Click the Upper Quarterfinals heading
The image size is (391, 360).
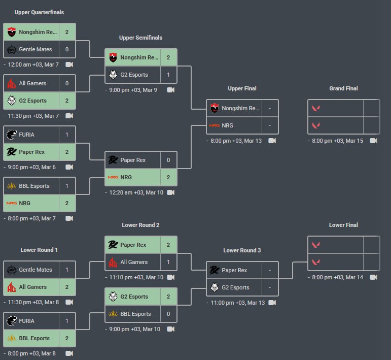(x=39, y=12)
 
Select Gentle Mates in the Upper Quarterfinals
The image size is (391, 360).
(x=35, y=49)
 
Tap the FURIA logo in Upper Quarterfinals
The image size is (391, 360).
(x=12, y=135)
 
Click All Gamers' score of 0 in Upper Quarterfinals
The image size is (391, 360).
(x=67, y=83)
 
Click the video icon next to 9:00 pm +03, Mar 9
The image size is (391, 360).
(x=170, y=90)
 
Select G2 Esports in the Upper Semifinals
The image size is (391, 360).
(x=134, y=75)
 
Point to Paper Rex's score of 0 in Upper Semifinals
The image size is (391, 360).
(x=168, y=160)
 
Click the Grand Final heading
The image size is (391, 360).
(x=343, y=88)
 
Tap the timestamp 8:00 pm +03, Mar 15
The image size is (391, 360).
(x=337, y=141)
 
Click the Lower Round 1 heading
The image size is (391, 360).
(x=39, y=250)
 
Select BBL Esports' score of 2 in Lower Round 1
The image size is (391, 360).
(x=67, y=338)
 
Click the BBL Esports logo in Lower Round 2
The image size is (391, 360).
(x=113, y=314)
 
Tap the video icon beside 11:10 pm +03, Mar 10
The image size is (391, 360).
(x=170, y=277)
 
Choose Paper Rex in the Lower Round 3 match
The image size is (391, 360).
(x=234, y=270)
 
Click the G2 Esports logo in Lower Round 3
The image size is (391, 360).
(x=215, y=287)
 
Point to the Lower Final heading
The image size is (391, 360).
(x=343, y=225)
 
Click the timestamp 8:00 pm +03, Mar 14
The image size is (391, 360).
(x=337, y=277)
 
